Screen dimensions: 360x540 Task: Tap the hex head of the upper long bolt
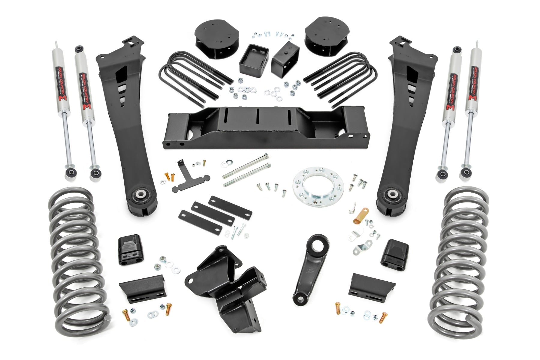(266, 156)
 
